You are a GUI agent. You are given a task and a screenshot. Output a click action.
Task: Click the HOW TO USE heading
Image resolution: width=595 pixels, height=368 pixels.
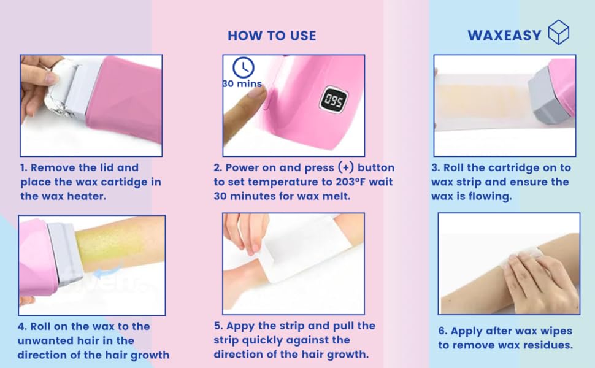coord(272,36)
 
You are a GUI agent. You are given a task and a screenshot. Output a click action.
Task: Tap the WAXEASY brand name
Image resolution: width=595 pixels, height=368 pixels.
coord(504,36)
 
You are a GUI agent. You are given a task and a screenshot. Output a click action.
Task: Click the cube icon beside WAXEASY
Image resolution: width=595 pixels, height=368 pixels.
coord(558,32)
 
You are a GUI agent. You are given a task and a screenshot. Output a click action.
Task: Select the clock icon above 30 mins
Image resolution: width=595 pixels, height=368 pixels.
coord(244,67)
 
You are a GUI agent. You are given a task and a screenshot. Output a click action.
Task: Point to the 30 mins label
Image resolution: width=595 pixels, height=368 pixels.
coord(242,84)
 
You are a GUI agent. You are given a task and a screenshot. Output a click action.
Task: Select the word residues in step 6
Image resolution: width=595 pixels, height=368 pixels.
coord(545,345)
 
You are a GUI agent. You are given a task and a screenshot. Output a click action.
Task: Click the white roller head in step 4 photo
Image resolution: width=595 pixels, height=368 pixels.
coord(61,251)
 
